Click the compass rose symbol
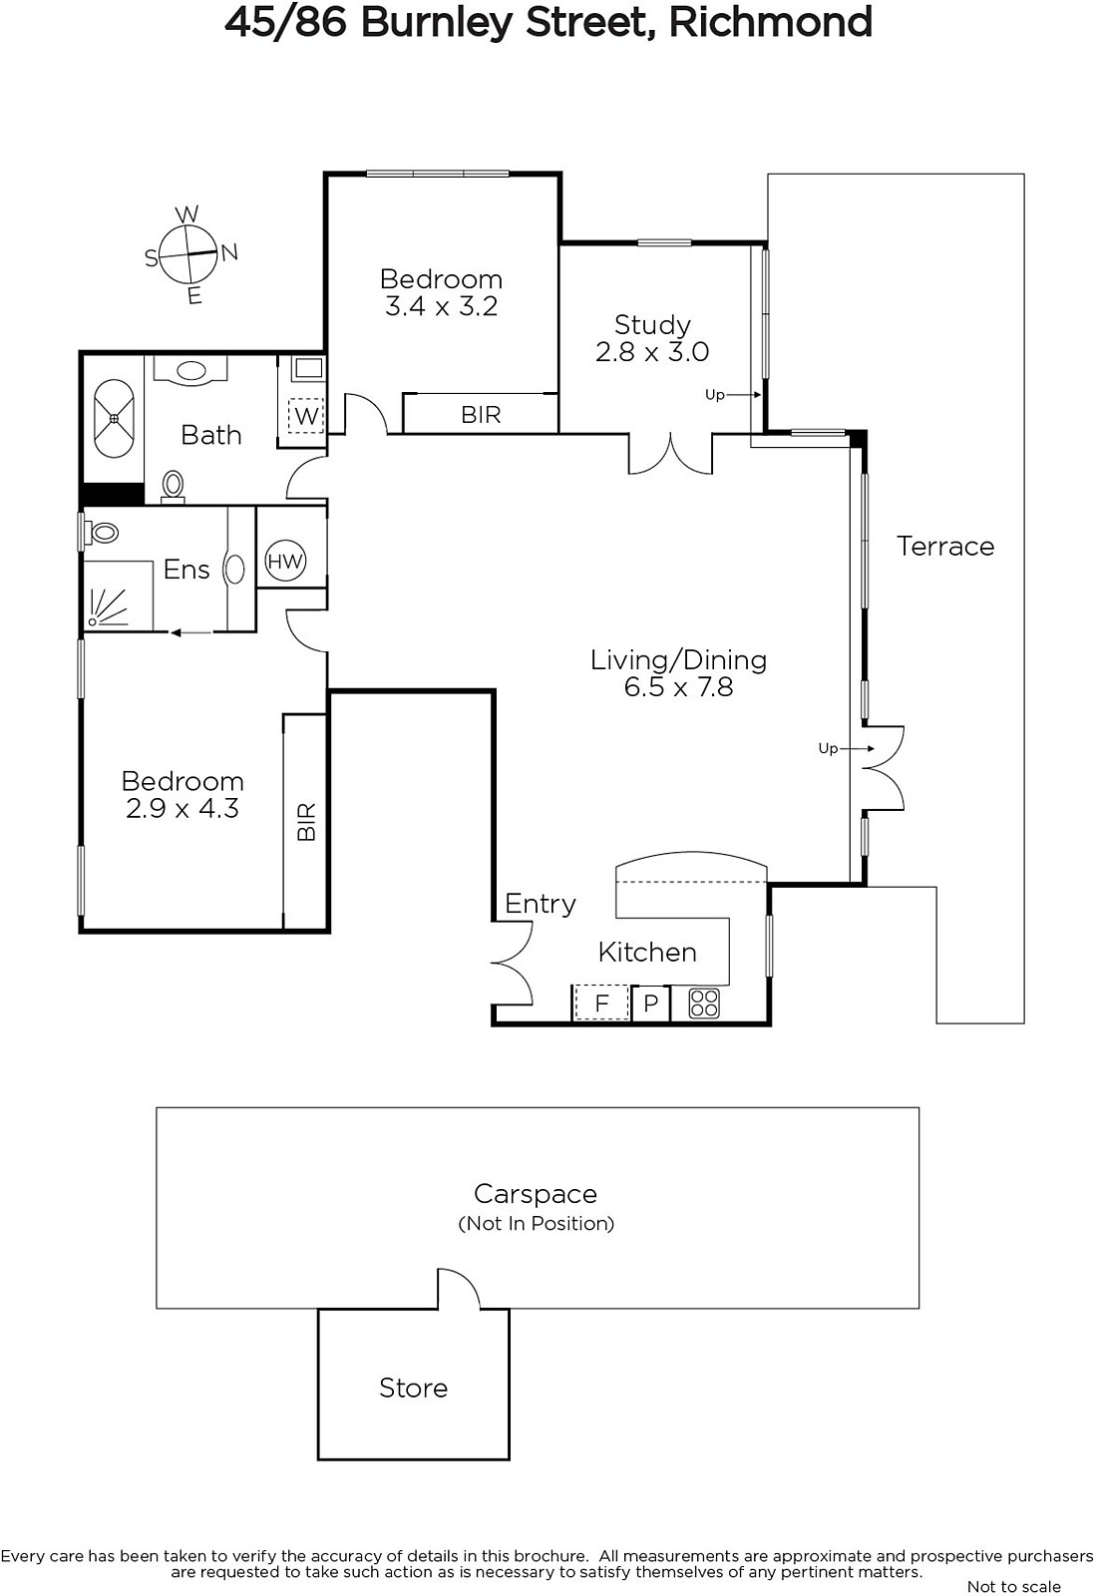[188, 254]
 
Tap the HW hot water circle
[285, 561]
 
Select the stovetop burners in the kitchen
[704, 1003]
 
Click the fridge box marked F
[601, 1002]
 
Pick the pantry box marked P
[650, 1003]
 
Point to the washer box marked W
[306, 415]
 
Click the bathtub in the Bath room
[114, 419]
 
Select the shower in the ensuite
[119, 596]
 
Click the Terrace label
[945, 546]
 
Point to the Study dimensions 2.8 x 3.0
[651, 351]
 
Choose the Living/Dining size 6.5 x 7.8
[678, 687]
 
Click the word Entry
[540, 904]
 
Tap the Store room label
[413, 1388]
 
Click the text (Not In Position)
[536, 1223]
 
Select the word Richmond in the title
[771, 22]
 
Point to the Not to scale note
[1014, 1586]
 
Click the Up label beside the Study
[714, 394]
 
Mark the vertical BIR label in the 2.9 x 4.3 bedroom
[305, 822]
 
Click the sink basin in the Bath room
[190, 370]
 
